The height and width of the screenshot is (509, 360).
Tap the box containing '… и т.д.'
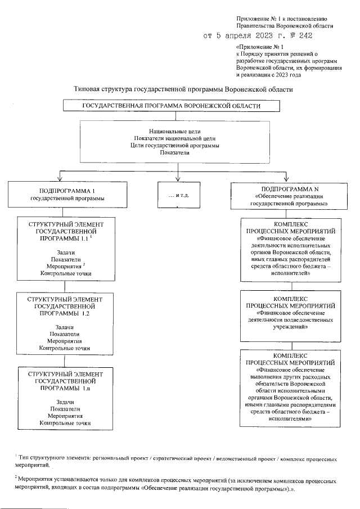(x=178, y=194)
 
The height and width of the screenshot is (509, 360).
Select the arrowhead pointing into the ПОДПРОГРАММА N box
(x=286, y=178)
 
